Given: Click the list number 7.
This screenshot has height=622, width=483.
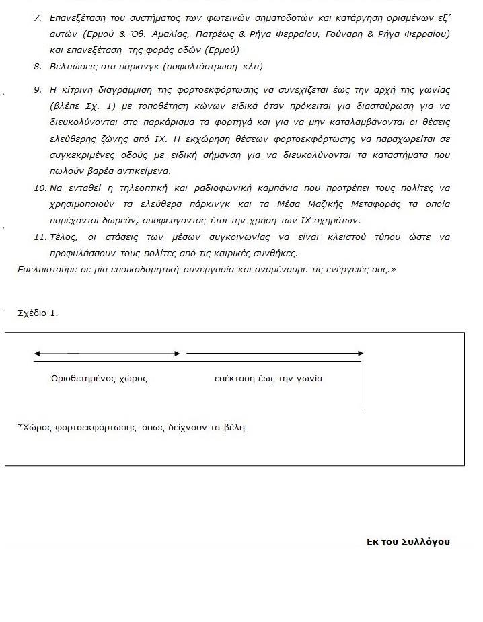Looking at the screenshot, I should point(37,17).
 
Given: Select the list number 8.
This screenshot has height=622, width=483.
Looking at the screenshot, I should point(37,67).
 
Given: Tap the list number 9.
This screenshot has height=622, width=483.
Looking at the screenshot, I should point(37,90).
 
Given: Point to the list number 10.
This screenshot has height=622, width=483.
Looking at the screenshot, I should point(39,188).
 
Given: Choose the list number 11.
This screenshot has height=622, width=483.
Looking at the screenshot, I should point(39,237).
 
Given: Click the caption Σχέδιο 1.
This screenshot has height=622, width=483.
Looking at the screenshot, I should point(38,313).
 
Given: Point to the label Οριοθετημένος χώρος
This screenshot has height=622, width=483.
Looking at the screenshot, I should point(99,379).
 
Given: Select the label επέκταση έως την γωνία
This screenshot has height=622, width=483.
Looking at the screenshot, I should point(268,379).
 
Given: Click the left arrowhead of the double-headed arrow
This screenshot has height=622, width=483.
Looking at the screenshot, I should point(37,353).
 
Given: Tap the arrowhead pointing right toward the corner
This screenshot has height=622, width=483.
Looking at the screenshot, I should point(361,353).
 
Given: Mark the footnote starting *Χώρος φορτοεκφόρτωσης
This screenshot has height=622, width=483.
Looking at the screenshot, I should point(131,427).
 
